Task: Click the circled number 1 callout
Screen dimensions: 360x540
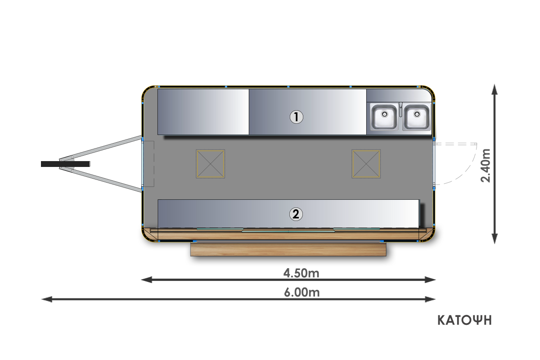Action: pyautogui.click(x=296, y=117)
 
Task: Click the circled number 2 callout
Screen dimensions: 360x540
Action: pyautogui.click(x=296, y=214)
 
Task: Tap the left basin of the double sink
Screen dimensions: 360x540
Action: pyautogui.click(x=383, y=117)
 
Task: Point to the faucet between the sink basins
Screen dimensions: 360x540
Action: pyautogui.click(x=400, y=108)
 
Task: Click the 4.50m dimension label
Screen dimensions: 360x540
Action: pyautogui.click(x=301, y=273)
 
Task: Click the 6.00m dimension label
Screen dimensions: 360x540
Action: pyautogui.click(x=301, y=292)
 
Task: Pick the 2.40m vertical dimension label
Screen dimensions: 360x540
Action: pyautogui.click(x=486, y=165)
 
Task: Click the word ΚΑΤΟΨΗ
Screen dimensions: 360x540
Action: pyautogui.click(x=464, y=320)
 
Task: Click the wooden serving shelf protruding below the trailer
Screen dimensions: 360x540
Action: pyautogui.click(x=288, y=249)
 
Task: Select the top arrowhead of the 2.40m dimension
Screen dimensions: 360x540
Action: pyautogui.click(x=495, y=88)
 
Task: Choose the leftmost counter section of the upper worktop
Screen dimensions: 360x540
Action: pyautogui.click(x=203, y=112)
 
